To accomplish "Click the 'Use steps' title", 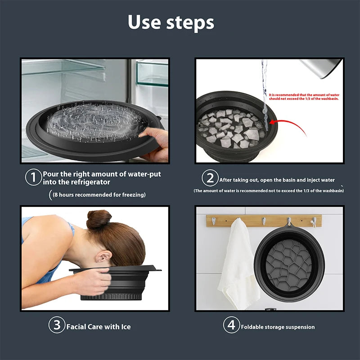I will (x=171, y=22).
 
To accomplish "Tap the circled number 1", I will (x=33, y=177).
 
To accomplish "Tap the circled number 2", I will (x=210, y=178).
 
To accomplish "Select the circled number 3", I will (x=57, y=325).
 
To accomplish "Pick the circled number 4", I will (x=231, y=325).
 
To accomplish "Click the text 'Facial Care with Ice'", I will (x=99, y=327).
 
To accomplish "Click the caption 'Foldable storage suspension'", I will (x=278, y=327).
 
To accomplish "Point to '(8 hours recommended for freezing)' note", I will (x=99, y=195).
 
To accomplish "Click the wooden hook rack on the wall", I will (x=264, y=220).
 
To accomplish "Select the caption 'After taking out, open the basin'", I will (x=277, y=180).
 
